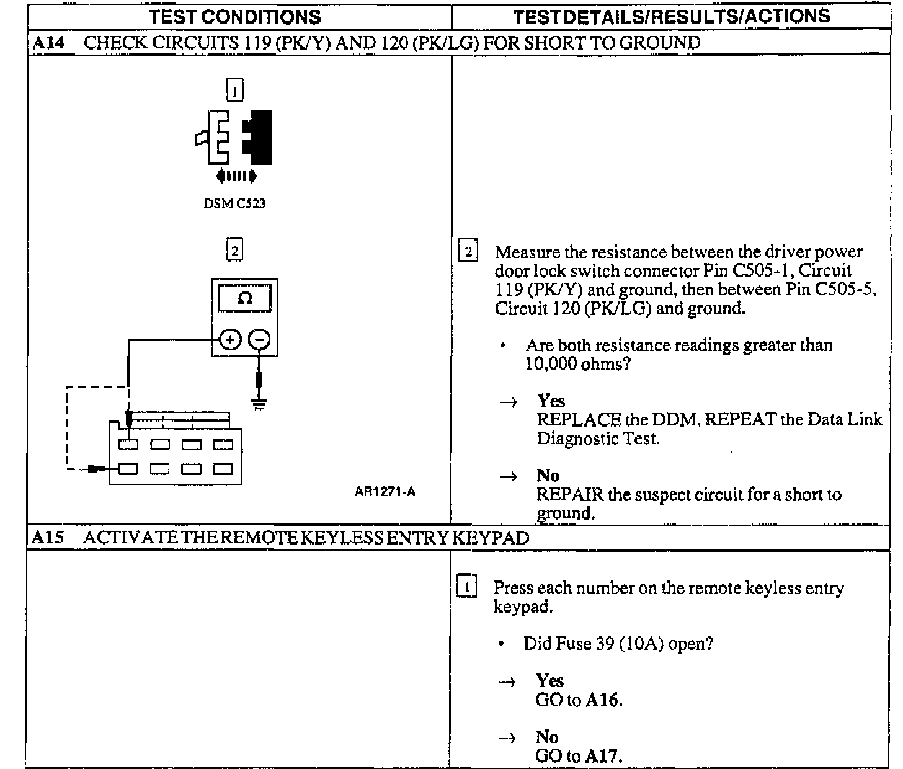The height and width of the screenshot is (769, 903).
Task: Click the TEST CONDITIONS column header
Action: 235,17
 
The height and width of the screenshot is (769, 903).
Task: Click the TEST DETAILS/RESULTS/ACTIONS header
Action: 672,16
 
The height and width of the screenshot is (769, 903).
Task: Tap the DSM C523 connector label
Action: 234,203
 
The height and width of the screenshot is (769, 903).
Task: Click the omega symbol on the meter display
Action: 245,298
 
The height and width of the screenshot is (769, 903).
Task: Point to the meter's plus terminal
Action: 230,340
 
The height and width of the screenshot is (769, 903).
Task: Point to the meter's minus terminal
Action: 259,340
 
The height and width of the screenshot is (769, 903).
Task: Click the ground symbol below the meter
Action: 259,404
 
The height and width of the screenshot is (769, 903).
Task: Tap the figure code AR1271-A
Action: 385,492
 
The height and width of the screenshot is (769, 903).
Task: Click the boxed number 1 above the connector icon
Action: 234,91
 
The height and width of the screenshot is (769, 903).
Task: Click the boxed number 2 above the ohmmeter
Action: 234,250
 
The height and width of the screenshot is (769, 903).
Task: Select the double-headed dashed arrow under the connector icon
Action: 236,177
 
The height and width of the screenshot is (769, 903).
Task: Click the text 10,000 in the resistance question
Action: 551,364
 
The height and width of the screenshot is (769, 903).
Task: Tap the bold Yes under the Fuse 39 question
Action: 550,681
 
